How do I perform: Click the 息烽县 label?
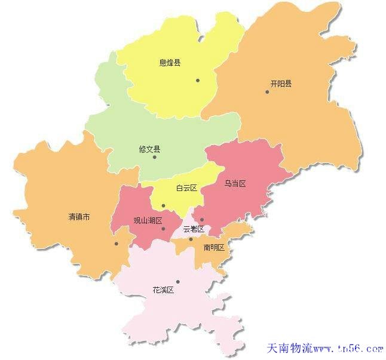tap(170, 62)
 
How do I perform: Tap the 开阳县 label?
tap(281, 84)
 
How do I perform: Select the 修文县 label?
tap(149, 149)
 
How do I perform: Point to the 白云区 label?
tap(186, 188)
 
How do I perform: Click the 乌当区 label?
tap(235, 183)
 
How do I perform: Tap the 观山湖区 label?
tap(148, 220)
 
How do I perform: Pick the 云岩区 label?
tap(194, 229)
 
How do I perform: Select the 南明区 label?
tap(213, 247)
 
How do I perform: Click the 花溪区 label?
tap(163, 290)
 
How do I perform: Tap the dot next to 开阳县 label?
tap(267, 91)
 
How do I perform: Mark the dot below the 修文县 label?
tap(154, 158)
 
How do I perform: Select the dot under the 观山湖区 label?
tap(163, 229)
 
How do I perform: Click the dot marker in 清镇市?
tap(117, 244)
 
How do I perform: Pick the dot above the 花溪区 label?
tap(177, 282)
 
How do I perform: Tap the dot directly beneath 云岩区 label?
tap(191, 239)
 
